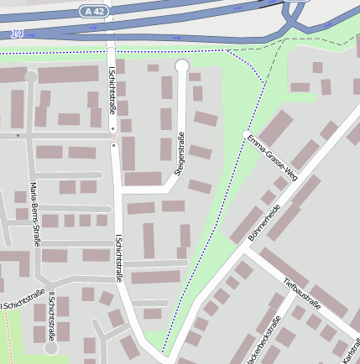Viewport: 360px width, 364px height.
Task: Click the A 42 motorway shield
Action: point(94,11)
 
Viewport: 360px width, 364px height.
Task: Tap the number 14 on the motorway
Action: point(18,34)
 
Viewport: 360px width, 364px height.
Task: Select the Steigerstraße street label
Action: point(179,154)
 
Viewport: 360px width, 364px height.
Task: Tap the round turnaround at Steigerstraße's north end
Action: point(181,65)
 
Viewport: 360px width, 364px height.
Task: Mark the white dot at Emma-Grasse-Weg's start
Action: point(245,134)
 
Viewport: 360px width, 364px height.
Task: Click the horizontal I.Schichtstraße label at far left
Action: point(22,299)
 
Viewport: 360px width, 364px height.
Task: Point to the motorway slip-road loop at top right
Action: point(295,12)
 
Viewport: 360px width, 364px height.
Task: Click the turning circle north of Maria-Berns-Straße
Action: point(31,77)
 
